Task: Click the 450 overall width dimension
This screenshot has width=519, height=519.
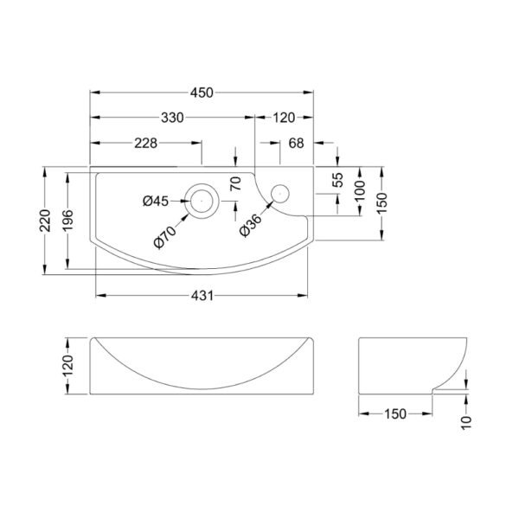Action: click(x=202, y=93)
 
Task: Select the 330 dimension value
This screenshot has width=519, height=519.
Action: click(x=172, y=118)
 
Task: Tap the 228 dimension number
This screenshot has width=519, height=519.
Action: click(x=145, y=143)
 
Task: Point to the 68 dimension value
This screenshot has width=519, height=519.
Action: click(x=296, y=143)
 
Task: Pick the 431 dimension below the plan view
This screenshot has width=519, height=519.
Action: click(x=202, y=296)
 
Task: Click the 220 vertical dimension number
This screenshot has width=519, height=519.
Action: click(x=45, y=221)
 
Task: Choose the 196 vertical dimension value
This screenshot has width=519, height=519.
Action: click(x=67, y=221)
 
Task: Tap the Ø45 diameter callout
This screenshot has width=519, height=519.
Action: click(x=156, y=201)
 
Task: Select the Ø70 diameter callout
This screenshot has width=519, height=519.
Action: click(x=165, y=237)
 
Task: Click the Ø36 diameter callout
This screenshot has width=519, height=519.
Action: click(x=251, y=225)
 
